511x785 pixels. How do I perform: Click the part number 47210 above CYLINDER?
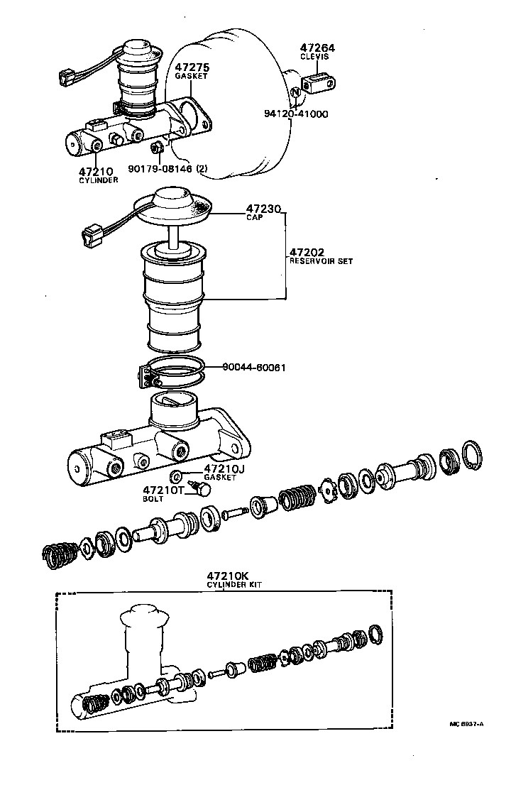pos(94,172)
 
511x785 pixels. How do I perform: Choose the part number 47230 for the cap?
pos(264,209)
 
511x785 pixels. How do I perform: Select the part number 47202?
pos(307,252)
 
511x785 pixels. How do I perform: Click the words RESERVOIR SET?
pos(320,261)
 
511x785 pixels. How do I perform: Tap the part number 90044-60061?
pos(254,368)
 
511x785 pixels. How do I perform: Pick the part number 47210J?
pos(224,468)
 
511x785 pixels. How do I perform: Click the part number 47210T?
pos(163,490)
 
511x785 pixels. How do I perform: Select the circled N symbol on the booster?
pos(294,93)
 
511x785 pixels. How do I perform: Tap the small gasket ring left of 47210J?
pos(177,475)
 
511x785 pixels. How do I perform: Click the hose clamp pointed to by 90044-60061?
pos(170,373)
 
